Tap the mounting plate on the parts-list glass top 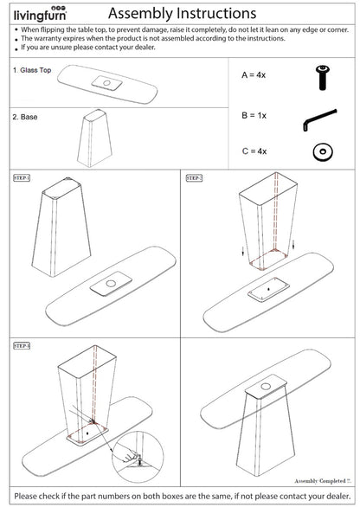click(109, 83)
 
